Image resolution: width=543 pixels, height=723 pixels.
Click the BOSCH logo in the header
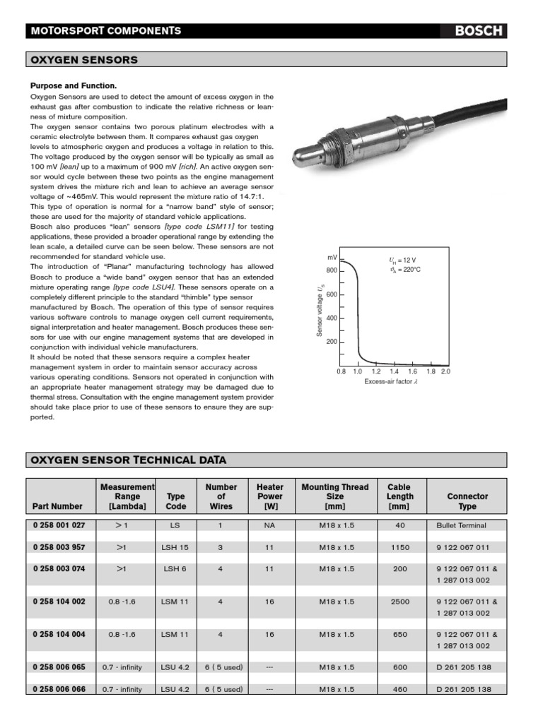tap(479, 30)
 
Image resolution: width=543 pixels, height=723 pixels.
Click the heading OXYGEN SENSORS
tap(83, 60)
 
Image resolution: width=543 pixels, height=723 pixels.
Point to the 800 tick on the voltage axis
tap(332, 270)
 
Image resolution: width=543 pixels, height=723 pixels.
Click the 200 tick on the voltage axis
tap(332, 342)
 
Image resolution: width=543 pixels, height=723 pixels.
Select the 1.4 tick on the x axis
tap(395, 371)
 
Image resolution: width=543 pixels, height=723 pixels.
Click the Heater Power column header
tap(270, 496)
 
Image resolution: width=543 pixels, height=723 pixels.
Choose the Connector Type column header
tap(467, 501)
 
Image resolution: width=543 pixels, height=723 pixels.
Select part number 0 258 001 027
tap(59, 525)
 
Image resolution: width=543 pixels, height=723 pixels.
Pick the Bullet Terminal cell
tap(462, 525)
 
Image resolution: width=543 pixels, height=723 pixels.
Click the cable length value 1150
tap(400, 547)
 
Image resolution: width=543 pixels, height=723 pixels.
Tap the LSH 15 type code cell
tap(176, 547)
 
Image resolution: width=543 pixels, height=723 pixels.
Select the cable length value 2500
tap(400, 602)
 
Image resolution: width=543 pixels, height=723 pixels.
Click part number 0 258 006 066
tap(59, 688)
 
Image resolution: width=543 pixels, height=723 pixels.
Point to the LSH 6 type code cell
tap(176, 568)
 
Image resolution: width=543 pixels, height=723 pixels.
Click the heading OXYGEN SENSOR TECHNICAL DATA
tap(128, 460)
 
